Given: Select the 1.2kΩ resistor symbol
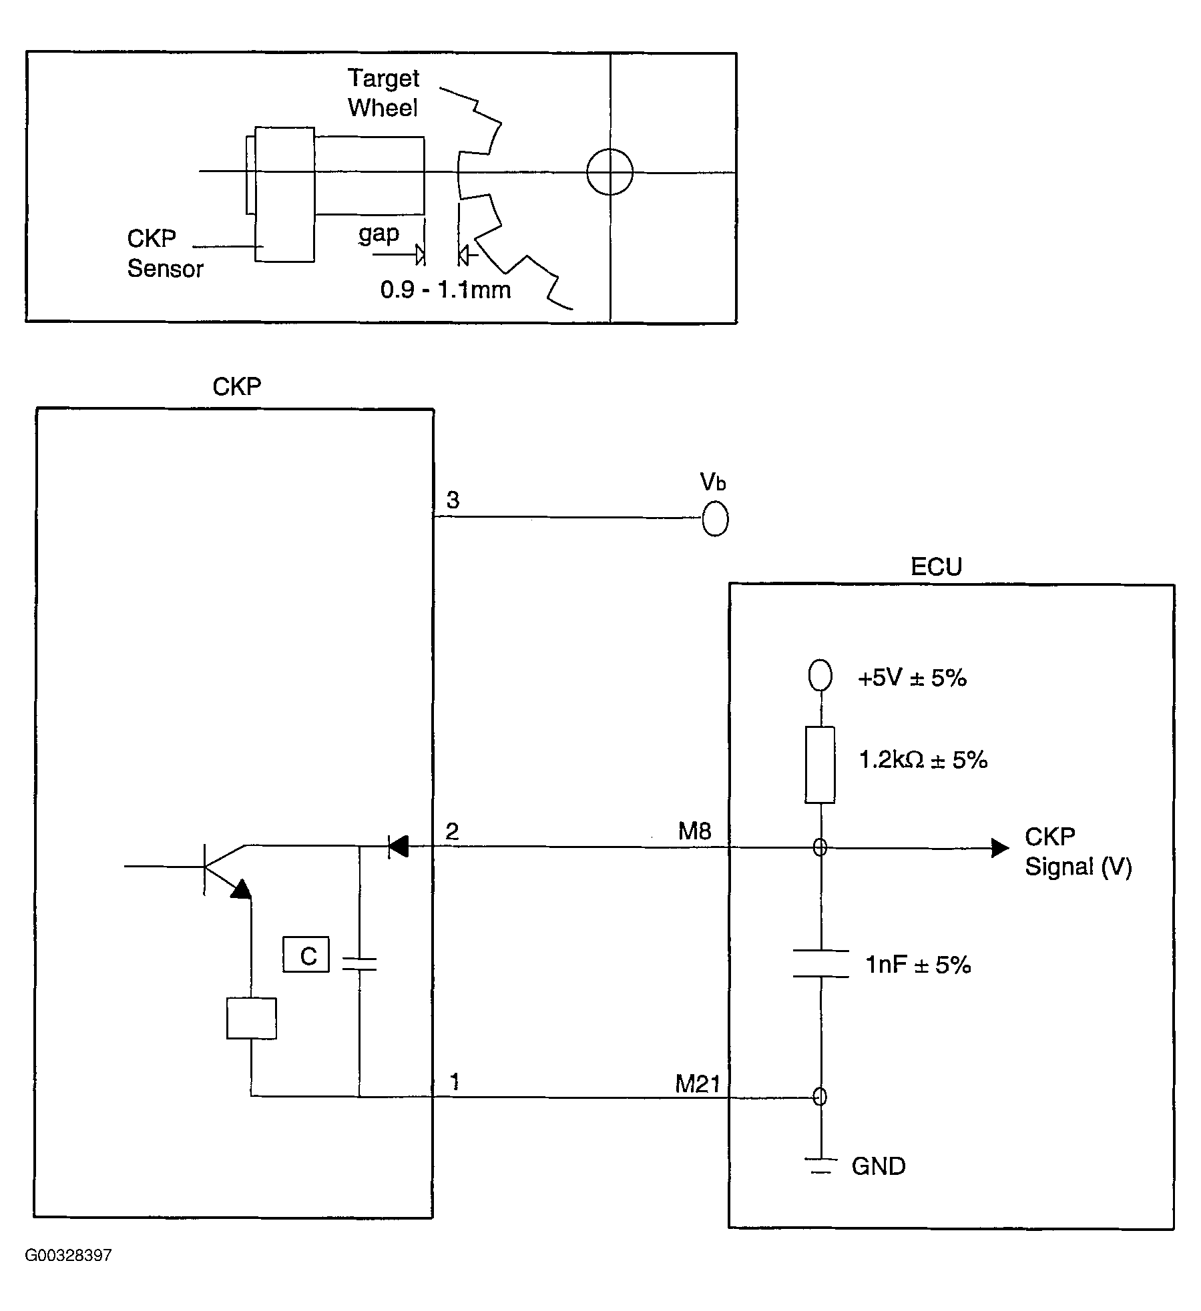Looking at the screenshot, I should [x=820, y=765].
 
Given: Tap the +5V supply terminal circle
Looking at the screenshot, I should [x=820, y=675].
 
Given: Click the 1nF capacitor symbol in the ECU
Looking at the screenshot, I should [x=820, y=963].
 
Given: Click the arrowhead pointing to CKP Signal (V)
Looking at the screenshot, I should [x=999, y=848].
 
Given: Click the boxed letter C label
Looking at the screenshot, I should [x=306, y=955].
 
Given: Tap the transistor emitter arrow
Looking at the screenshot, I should [x=241, y=889].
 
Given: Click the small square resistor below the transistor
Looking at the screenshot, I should [x=252, y=1018].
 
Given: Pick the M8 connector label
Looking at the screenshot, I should [x=694, y=831].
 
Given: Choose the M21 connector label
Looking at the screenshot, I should [x=698, y=1084].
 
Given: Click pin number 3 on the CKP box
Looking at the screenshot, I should [x=453, y=500].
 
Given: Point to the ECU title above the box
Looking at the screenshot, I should [x=936, y=567].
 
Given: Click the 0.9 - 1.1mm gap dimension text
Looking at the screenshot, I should [x=445, y=290].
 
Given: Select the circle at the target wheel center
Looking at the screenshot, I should [x=610, y=172].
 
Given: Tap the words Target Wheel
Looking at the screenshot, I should [x=383, y=93].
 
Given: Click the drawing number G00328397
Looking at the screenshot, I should [x=68, y=1255].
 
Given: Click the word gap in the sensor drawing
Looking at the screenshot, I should [x=379, y=234].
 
